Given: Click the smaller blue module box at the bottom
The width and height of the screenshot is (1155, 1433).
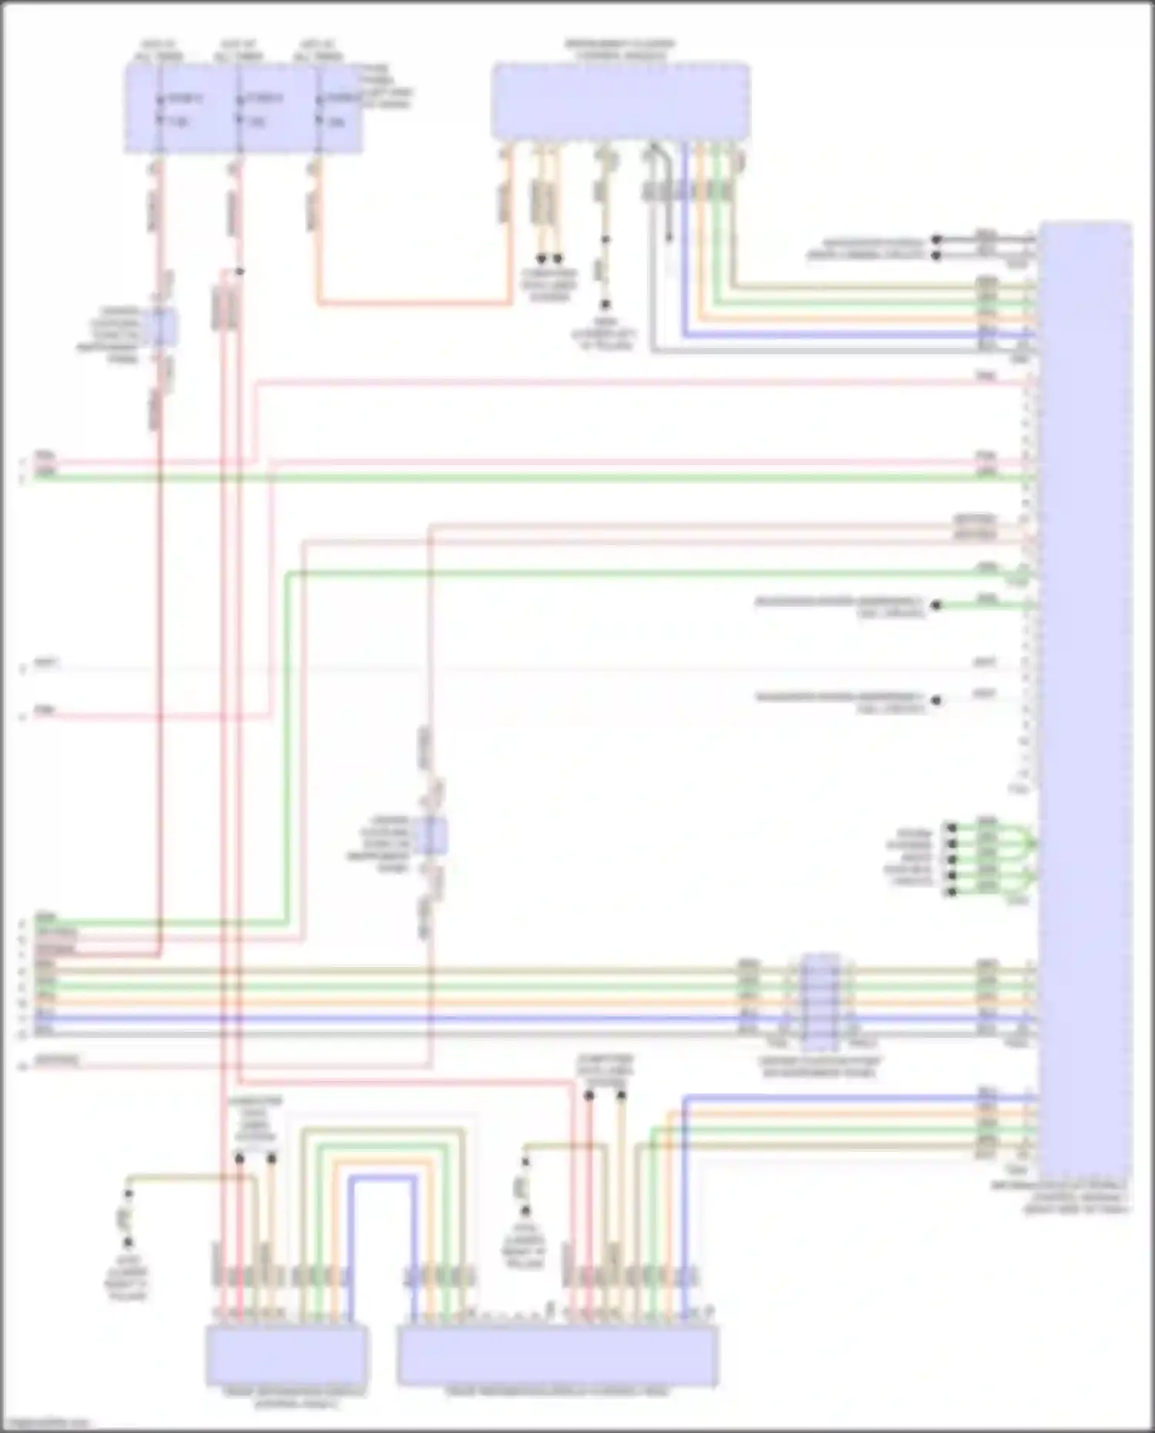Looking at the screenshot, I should pos(286,1354).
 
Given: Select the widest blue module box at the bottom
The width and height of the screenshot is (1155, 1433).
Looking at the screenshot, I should pos(558,1354).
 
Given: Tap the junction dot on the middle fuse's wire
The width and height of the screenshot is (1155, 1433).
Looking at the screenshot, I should pos(239,272).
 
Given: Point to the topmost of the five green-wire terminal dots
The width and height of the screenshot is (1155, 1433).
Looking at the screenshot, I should pos(952,829).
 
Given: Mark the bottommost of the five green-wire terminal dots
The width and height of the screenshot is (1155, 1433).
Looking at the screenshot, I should pos(952,892).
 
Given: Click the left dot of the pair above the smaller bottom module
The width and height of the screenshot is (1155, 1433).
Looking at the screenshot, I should pos(239,1157).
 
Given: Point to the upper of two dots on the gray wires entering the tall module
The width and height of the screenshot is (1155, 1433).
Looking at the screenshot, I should pos(937,239).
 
